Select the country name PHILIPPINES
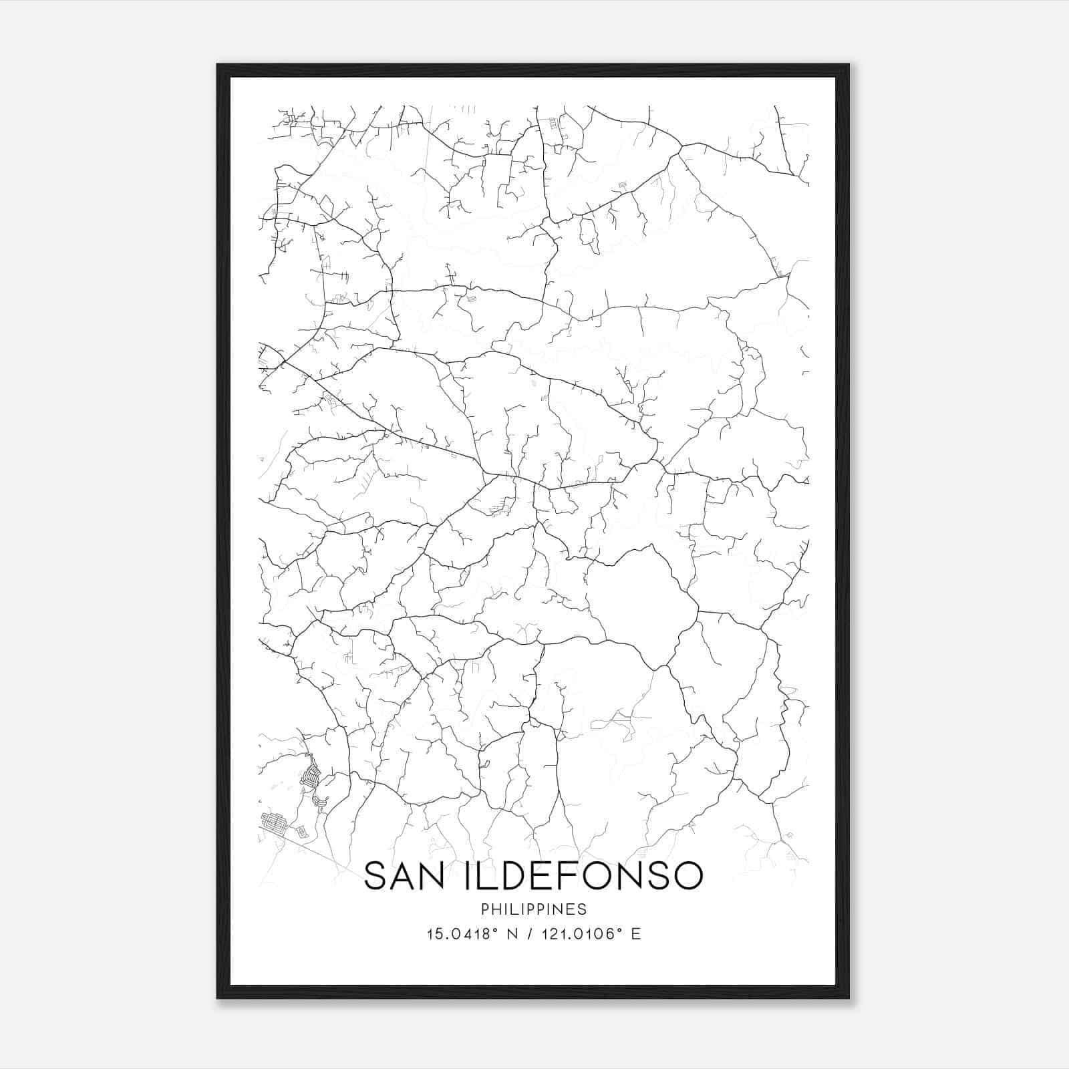pos(533,909)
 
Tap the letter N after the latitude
pos(514,934)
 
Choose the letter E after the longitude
pos(636,934)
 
